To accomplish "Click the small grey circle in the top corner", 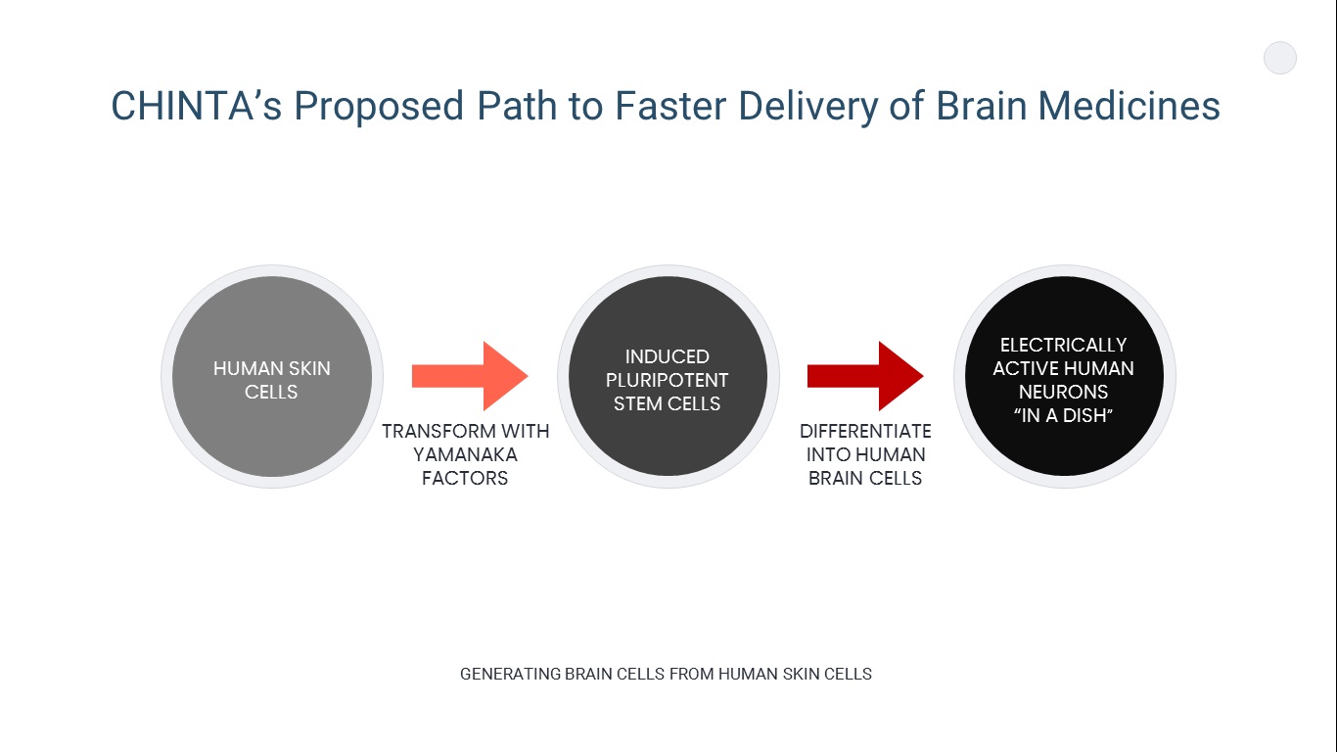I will [1280, 59].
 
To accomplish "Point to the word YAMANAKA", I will [465, 454].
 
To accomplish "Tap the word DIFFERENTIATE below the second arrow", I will [865, 431].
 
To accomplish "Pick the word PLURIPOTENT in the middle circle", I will [668, 380].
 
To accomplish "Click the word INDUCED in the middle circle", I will [668, 356].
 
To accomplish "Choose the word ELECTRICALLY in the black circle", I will [1063, 345].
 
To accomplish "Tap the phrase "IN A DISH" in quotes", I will [1063, 415].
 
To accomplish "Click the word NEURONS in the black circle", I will [1063, 392].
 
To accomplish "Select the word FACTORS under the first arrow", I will [465, 478].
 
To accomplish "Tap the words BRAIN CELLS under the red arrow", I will [865, 478].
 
